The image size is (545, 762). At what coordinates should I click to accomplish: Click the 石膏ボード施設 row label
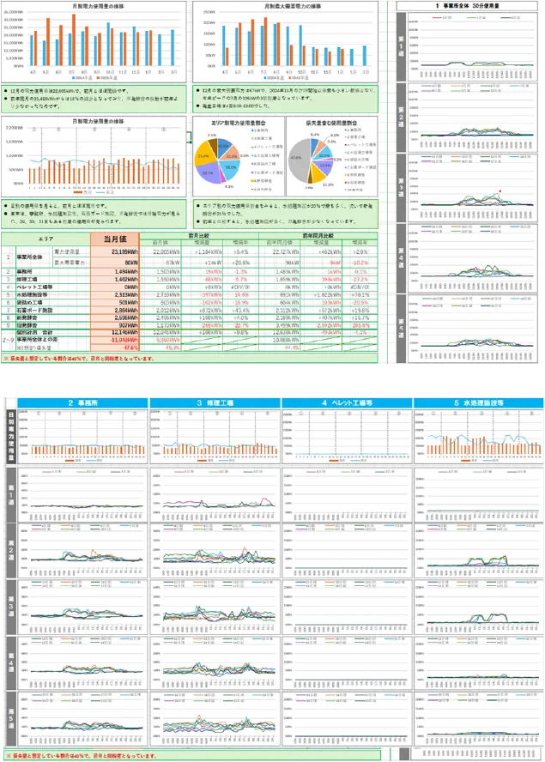coord(33,310)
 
